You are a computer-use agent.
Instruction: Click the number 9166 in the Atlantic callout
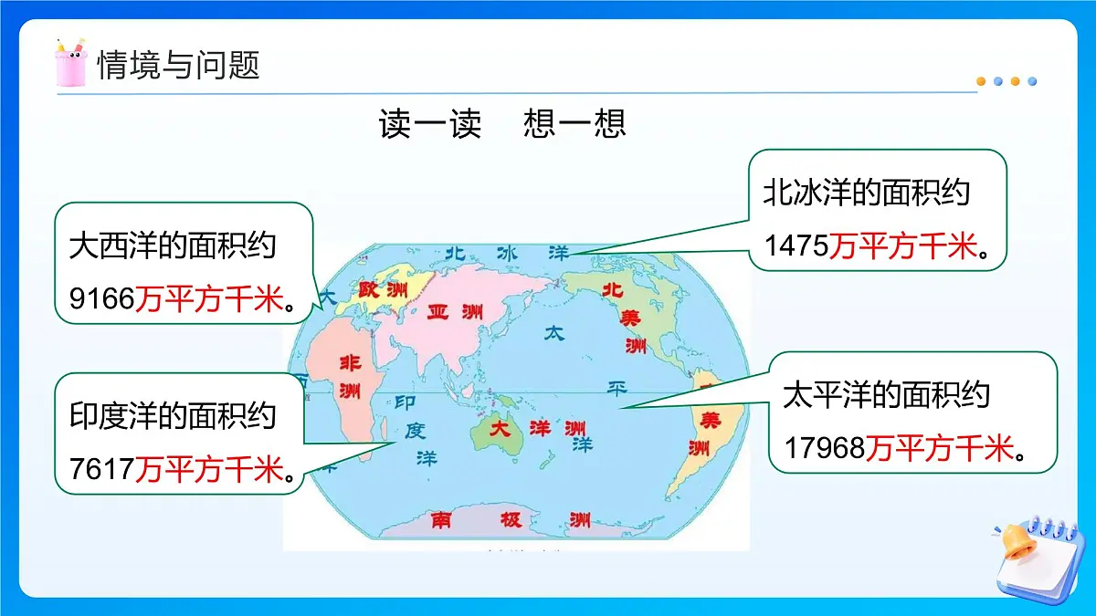pyautogui.click(x=101, y=297)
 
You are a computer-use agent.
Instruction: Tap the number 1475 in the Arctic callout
pyautogui.click(x=796, y=246)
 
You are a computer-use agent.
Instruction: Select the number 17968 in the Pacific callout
pyautogui.click(x=825, y=448)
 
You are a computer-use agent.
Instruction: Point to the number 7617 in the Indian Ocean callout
pyautogui.click(x=101, y=469)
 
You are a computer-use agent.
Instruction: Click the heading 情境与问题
pyautogui.click(x=179, y=66)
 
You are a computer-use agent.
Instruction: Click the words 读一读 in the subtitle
pyautogui.click(x=429, y=124)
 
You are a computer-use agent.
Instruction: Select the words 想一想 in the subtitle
pyautogui.click(x=575, y=124)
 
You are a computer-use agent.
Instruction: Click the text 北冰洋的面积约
pyautogui.click(x=866, y=193)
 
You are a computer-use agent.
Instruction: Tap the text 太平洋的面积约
pyautogui.click(x=886, y=395)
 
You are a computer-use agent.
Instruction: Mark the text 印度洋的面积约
pyautogui.click(x=172, y=416)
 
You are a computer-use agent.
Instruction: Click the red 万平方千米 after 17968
pyautogui.click(x=940, y=448)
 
